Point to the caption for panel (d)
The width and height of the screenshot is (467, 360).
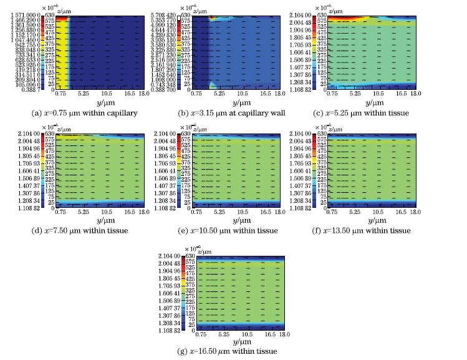point(80,230)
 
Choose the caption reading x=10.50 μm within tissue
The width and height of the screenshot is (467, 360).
point(235,230)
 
